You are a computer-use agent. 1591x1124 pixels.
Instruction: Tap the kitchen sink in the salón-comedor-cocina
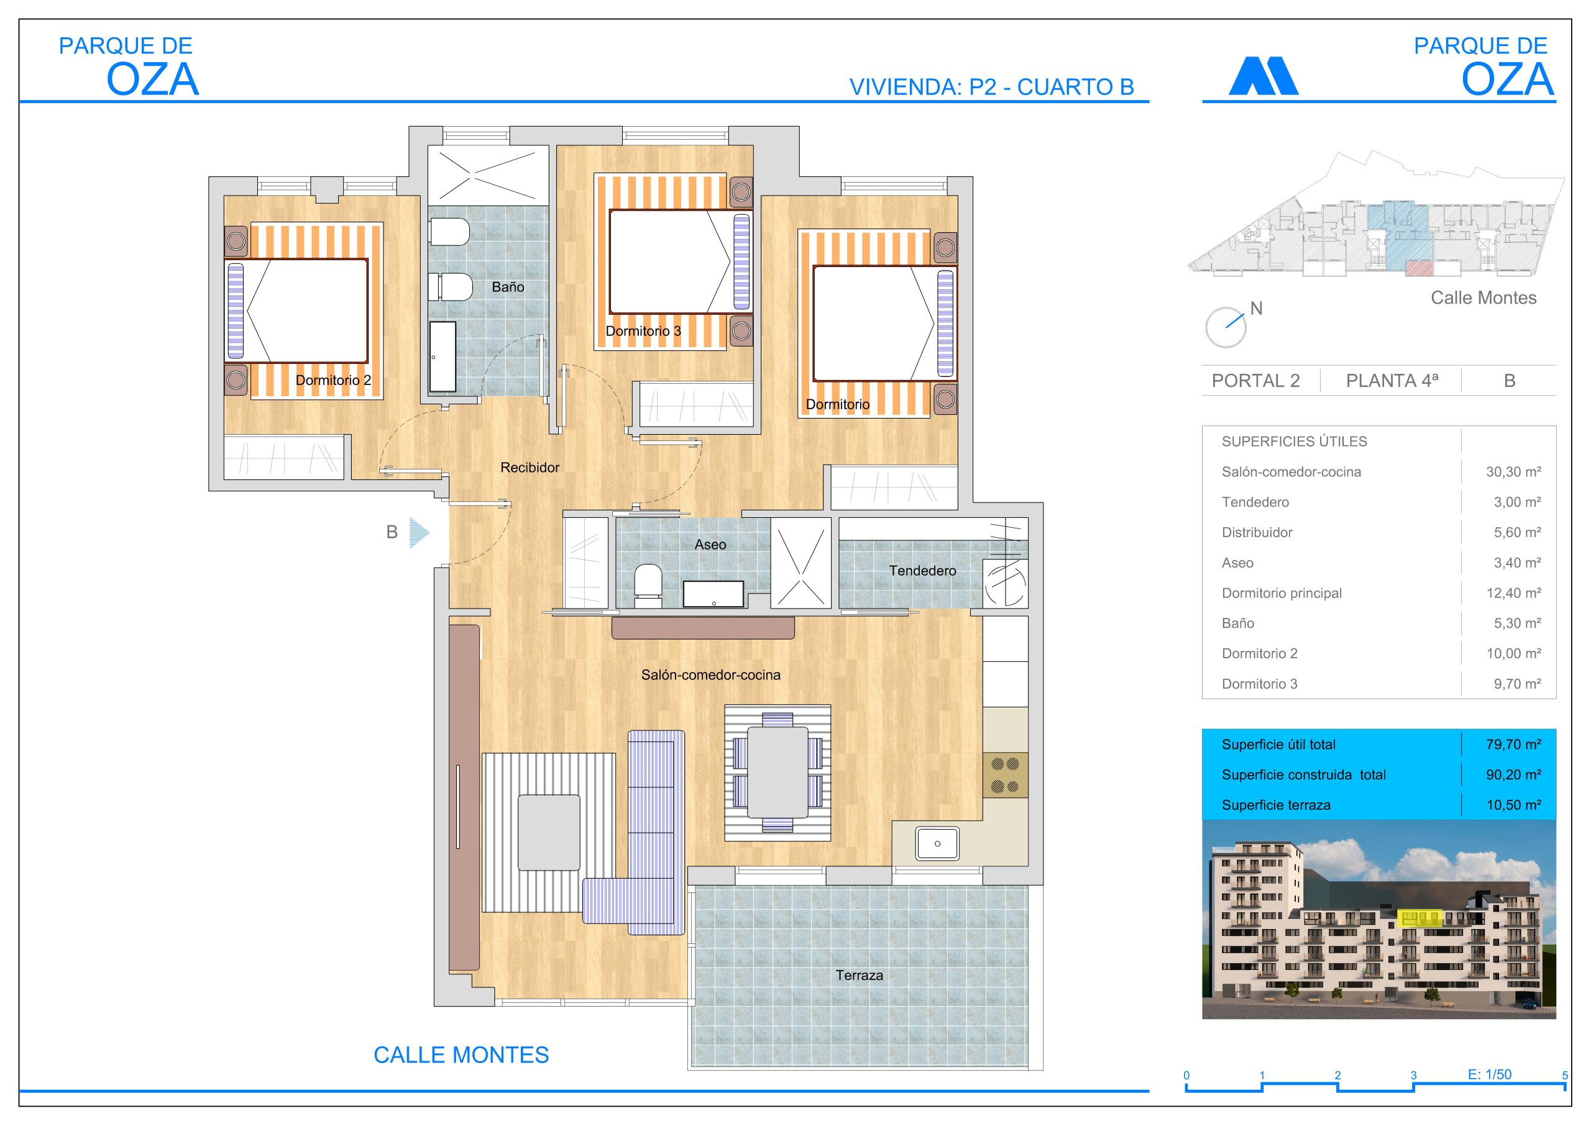click(x=937, y=843)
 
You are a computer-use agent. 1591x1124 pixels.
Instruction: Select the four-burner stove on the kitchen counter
click(x=1005, y=775)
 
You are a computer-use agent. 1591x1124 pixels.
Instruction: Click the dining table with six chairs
click(x=777, y=772)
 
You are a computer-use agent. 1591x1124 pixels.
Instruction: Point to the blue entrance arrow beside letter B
click(x=418, y=533)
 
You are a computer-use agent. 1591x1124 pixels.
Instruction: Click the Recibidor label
click(x=530, y=468)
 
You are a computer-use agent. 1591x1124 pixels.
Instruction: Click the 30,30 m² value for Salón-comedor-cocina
click(x=1513, y=471)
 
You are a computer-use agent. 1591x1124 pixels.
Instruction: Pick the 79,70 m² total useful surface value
click(x=1513, y=745)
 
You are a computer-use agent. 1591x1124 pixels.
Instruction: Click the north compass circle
click(x=1225, y=327)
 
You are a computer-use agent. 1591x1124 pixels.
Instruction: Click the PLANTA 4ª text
click(x=1392, y=381)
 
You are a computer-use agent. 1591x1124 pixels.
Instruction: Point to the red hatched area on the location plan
click(x=1418, y=269)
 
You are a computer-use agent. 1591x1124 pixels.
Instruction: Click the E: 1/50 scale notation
click(x=1489, y=1074)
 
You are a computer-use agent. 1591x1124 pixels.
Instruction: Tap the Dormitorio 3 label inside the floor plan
click(x=643, y=331)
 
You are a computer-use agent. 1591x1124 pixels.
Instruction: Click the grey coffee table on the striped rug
click(x=549, y=832)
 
